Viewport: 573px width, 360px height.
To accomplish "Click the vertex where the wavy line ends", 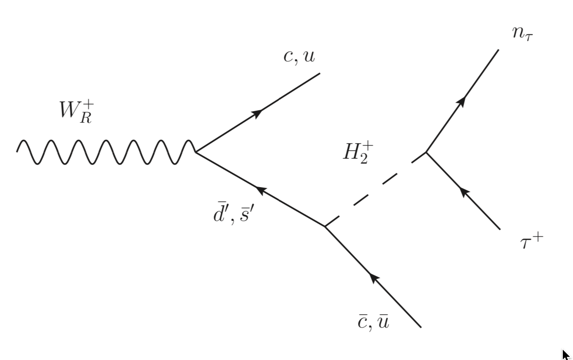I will (x=196, y=152).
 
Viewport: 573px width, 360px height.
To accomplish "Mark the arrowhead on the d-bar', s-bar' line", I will (x=261, y=191).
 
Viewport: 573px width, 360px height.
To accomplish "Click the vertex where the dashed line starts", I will (x=325, y=227).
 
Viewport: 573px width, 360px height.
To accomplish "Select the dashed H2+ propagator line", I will (x=375, y=190).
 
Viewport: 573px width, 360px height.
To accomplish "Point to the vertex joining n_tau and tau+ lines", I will (x=426, y=152).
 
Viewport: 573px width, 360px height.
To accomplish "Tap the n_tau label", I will (x=522, y=34).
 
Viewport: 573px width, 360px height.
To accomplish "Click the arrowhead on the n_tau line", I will (x=462, y=101).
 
